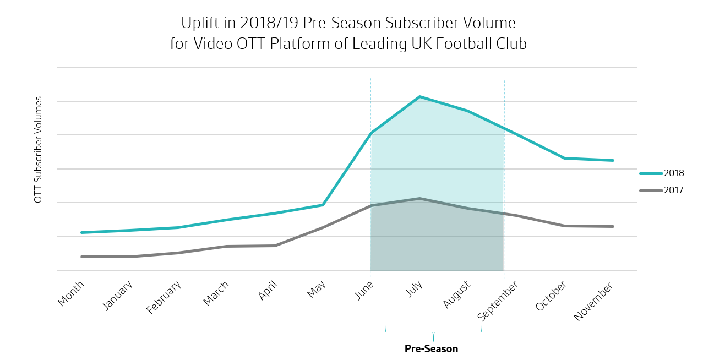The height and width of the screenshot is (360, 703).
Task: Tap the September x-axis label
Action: click(498, 301)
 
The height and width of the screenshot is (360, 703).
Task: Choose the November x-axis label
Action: click(593, 302)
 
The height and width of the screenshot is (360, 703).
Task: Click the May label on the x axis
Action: click(317, 290)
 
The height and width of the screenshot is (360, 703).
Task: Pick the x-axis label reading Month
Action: click(71, 293)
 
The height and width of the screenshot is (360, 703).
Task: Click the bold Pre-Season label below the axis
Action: click(431, 349)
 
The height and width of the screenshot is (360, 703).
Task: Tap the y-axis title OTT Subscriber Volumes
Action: click(38, 150)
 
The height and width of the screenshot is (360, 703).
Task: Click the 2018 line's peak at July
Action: click(420, 97)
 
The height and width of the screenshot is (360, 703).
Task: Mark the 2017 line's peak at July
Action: click(420, 198)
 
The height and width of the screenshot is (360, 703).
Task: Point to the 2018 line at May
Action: click(323, 205)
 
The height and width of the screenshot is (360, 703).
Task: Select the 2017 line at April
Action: click(275, 246)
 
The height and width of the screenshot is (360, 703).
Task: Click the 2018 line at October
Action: click(564, 158)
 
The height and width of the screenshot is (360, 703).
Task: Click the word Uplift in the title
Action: click(197, 23)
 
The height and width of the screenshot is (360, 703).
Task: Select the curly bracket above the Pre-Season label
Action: click(433, 332)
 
